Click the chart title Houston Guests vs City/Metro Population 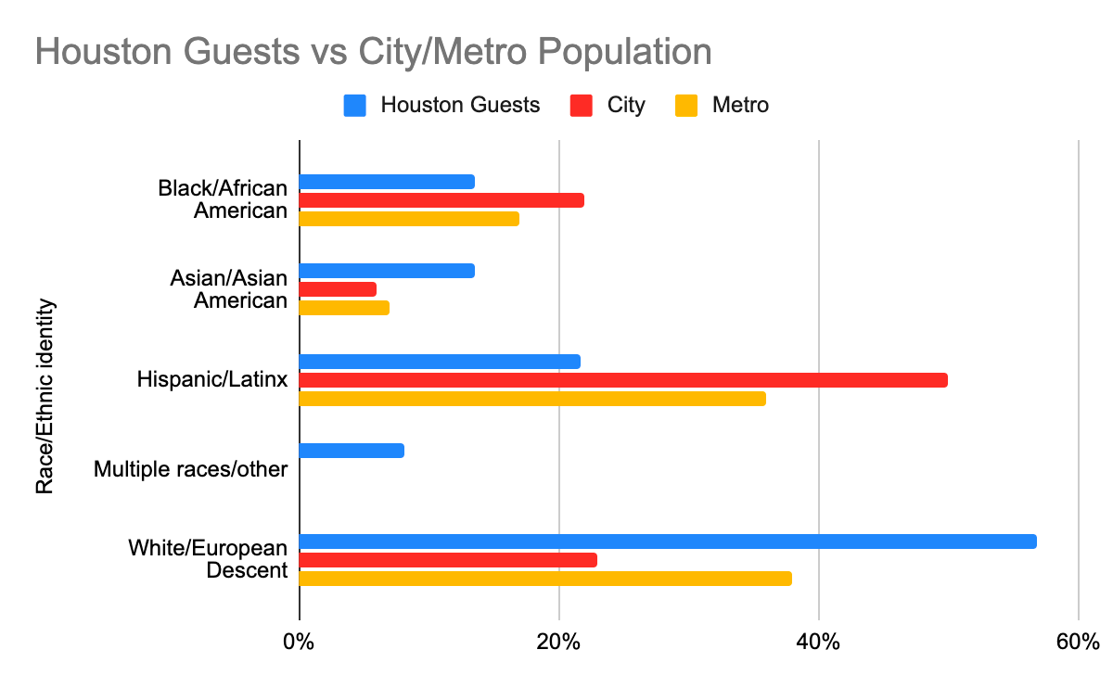pyautogui.click(x=373, y=52)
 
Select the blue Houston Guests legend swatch pyautogui.click(x=356, y=105)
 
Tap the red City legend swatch pyautogui.click(x=582, y=105)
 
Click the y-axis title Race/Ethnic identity pyautogui.click(x=45, y=396)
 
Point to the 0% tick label pyautogui.click(x=299, y=642)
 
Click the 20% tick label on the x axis pyautogui.click(x=558, y=642)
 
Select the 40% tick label pyautogui.click(x=818, y=642)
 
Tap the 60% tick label pyautogui.click(x=1077, y=642)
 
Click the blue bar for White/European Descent pyautogui.click(x=668, y=541)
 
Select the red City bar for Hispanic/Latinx pyautogui.click(x=623, y=380)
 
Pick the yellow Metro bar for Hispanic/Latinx pyautogui.click(x=532, y=399)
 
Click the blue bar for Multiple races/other pyautogui.click(x=352, y=451)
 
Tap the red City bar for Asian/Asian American pyautogui.click(x=338, y=289)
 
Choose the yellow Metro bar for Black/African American pyautogui.click(x=409, y=219)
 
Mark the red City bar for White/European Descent pyautogui.click(x=448, y=560)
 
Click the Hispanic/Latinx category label pyautogui.click(x=212, y=379)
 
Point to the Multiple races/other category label pyautogui.click(x=191, y=469)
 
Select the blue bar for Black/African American pyautogui.click(x=387, y=182)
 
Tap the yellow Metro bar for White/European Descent pyautogui.click(x=545, y=579)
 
